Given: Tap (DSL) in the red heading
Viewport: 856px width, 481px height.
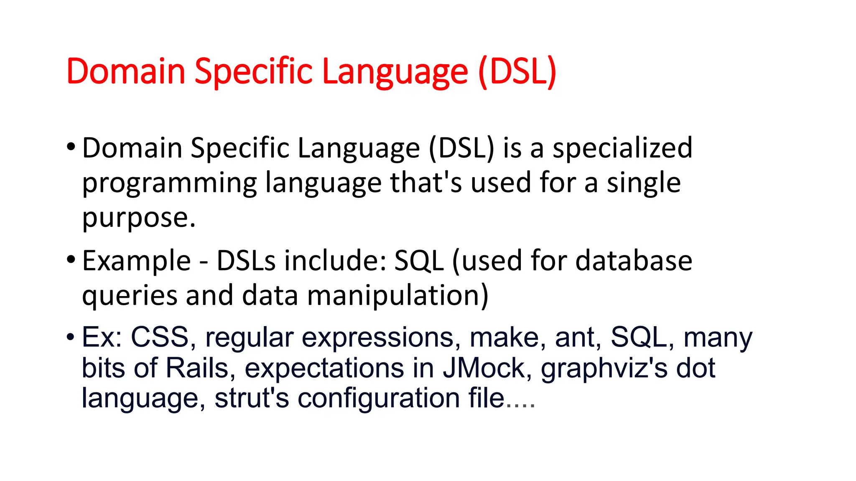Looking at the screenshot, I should pyautogui.click(x=517, y=72).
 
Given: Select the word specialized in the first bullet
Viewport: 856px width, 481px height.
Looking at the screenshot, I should pyautogui.click(x=622, y=148).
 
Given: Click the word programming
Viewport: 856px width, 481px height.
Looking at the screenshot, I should pyautogui.click(x=169, y=184).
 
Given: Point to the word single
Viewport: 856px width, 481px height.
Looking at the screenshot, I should pyautogui.click(x=644, y=184).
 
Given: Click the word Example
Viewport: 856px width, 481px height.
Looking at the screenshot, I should pyautogui.click(x=136, y=261).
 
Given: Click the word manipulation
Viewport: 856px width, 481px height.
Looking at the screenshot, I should pyautogui.click(x=397, y=296).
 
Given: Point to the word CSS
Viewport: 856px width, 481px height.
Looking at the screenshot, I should pyautogui.click(x=160, y=337).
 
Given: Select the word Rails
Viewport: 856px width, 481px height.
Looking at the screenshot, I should pyautogui.click(x=197, y=368).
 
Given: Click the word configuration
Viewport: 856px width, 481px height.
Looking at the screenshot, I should pyautogui.click(x=379, y=399).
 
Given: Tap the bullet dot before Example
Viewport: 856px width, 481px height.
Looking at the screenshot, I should pyautogui.click(x=71, y=259).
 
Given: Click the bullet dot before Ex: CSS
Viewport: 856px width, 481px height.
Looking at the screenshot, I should pyautogui.click(x=71, y=336).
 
